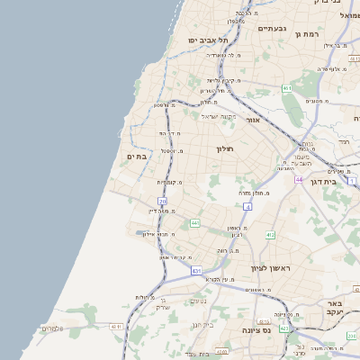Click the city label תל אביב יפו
(208, 40)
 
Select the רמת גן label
(308, 34)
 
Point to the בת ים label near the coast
(136, 157)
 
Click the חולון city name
(224, 148)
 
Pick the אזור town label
(253, 120)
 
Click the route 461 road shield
(286, 88)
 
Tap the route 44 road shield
(299, 180)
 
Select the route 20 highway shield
(162, 201)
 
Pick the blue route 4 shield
(247, 206)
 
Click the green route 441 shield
(194, 222)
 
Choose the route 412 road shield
(270, 235)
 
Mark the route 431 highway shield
(196, 270)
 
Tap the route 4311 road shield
(115, 327)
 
